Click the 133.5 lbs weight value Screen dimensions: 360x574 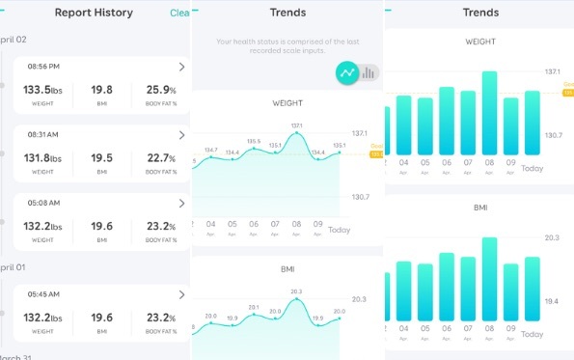click(x=41, y=90)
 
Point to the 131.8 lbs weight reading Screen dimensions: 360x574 click(x=41, y=158)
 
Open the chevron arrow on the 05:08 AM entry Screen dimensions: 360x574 click(x=182, y=204)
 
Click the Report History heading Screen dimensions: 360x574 click(x=94, y=14)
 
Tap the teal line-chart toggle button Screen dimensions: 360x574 click(x=346, y=72)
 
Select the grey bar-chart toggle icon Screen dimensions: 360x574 click(x=369, y=72)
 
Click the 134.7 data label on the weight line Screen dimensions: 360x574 click(x=211, y=150)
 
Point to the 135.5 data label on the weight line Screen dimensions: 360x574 click(x=254, y=141)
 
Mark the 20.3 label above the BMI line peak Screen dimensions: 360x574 click(x=296, y=291)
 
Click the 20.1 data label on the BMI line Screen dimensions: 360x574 click(x=254, y=307)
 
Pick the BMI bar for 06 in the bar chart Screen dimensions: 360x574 click(x=447, y=294)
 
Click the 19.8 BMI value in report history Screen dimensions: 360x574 click(x=101, y=90)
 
